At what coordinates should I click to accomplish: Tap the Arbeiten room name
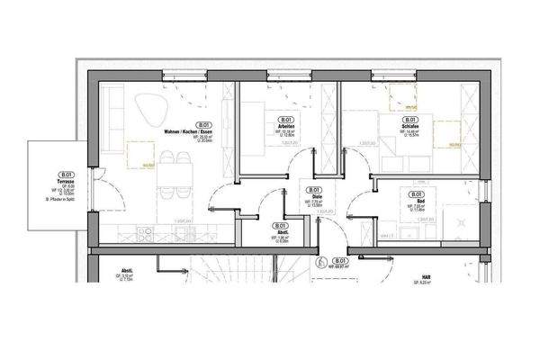pyautogui.click(x=286, y=127)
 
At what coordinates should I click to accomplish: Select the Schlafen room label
pyautogui.click(x=409, y=127)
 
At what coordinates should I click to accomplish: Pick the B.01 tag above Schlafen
pyautogui.click(x=409, y=120)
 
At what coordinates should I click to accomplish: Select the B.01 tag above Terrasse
pyautogui.click(x=64, y=175)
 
